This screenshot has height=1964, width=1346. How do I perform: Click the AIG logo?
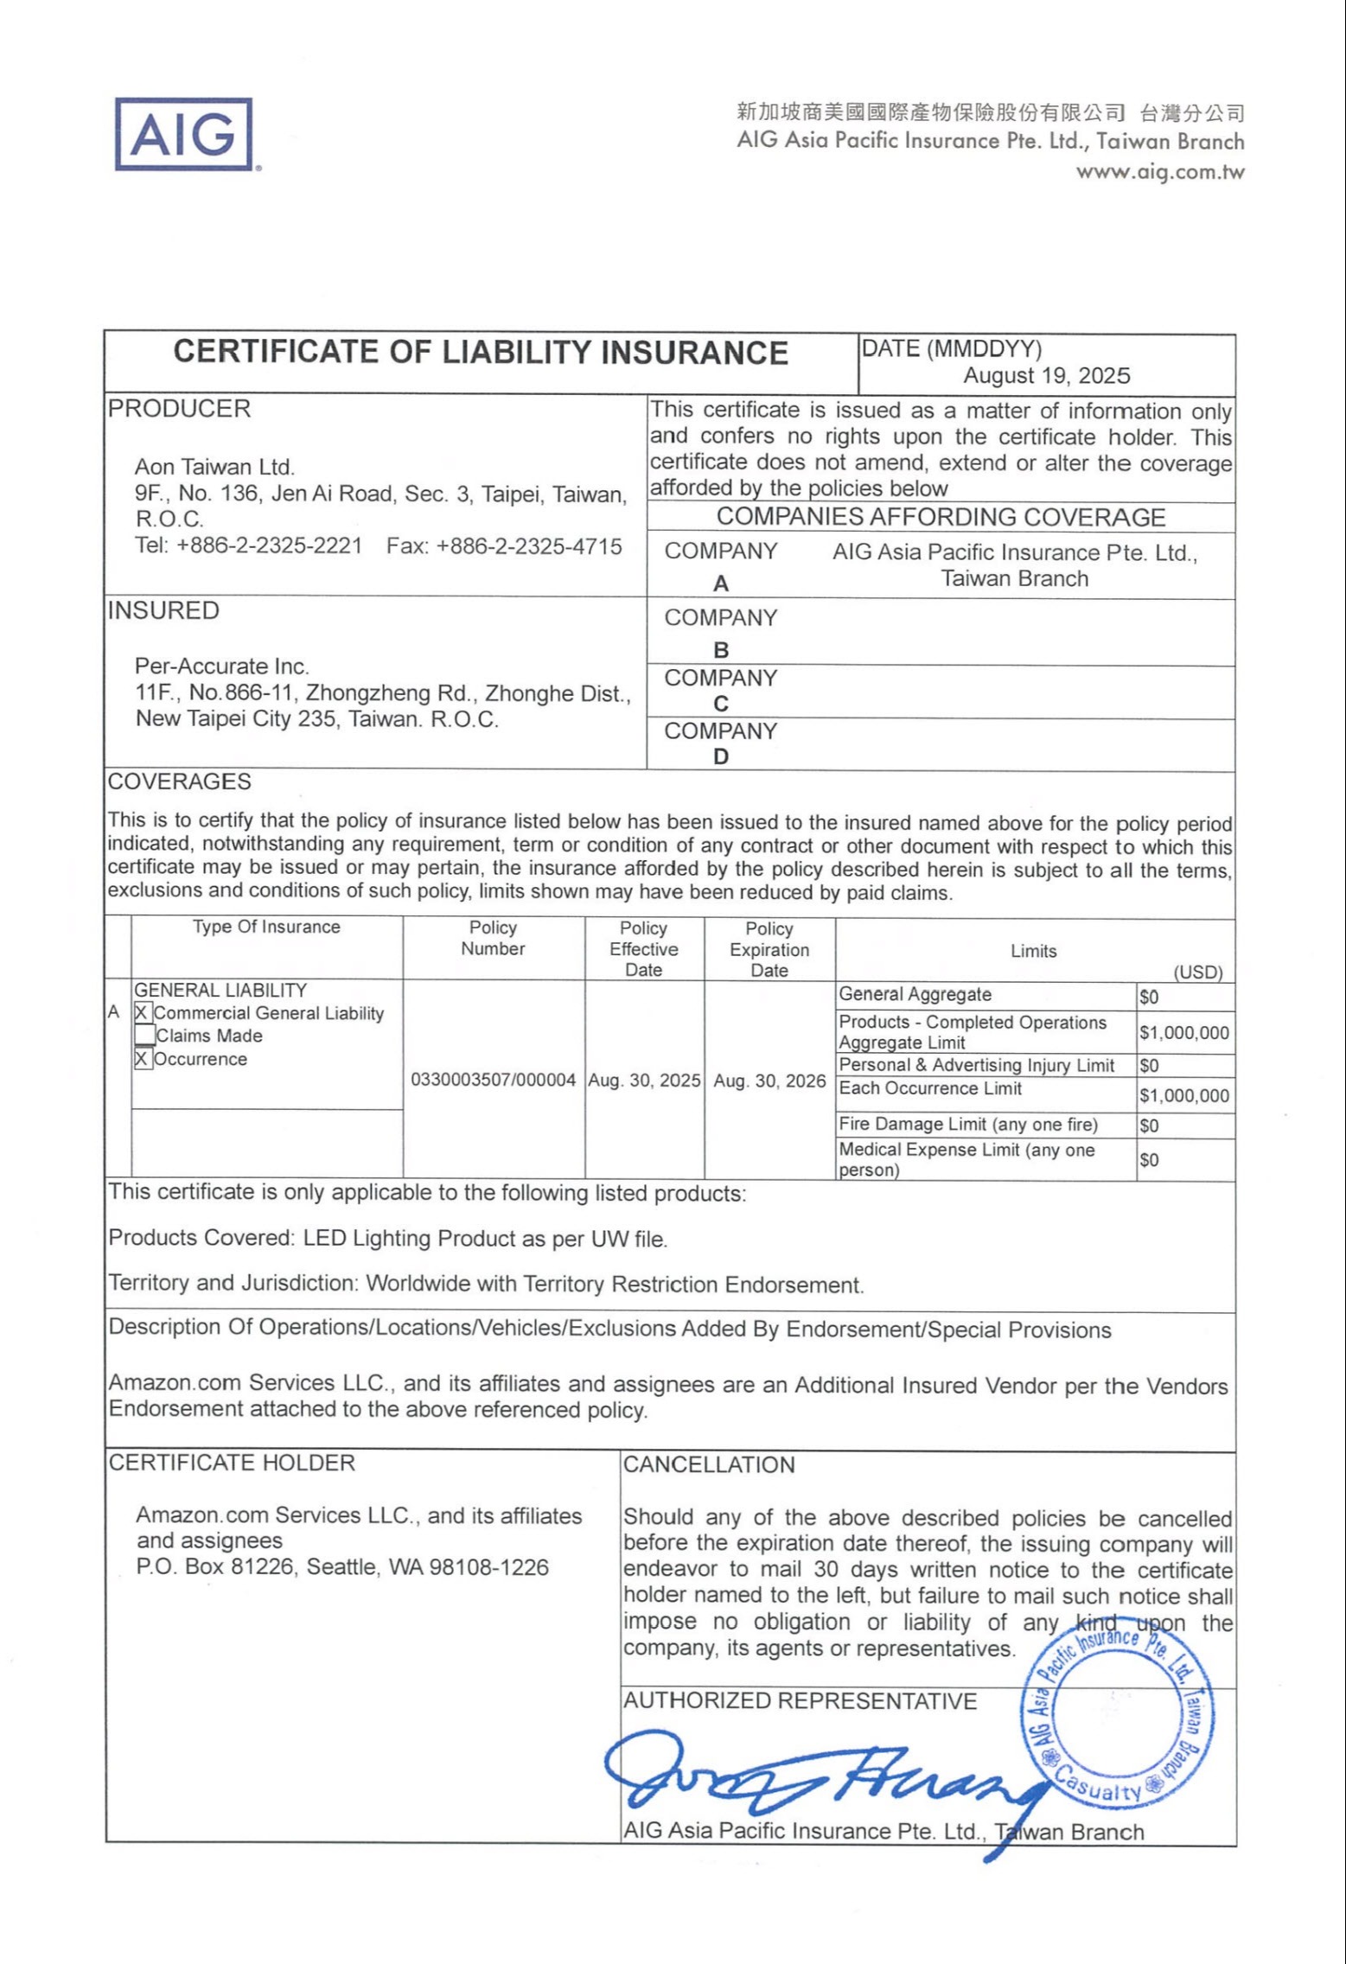click(184, 134)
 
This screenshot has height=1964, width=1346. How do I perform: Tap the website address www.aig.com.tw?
click(1159, 171)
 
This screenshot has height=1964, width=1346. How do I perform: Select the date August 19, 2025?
click(1046, 375)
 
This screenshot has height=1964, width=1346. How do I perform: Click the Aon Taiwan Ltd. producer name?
click(214, 468)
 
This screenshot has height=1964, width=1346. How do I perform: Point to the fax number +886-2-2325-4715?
click(505, 546)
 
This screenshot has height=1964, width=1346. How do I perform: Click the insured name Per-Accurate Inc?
click(221, 666)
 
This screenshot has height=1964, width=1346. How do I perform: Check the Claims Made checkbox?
click(144, 1036)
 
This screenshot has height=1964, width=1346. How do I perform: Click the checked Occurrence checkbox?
click(143, 1059)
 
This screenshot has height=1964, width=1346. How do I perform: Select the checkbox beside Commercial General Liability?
click(143, 1013)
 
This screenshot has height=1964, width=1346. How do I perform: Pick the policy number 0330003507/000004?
click(493, 1081)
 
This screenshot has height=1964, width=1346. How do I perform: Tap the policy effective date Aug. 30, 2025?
click(644, 1081)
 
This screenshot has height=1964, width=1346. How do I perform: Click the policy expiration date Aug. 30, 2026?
click(769, 1081)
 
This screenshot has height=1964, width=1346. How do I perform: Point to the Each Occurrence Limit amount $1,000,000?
click(1183, 1096)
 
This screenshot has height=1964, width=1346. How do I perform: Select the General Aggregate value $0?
click(1149, 998)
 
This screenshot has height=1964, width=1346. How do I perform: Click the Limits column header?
click(1033, 951)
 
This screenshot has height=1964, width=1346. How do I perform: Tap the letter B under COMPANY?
click(721, 650)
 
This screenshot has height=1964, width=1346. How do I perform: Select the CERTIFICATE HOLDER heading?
click(232, 1463)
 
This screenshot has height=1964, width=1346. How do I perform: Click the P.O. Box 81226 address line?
click(342, 1567)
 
